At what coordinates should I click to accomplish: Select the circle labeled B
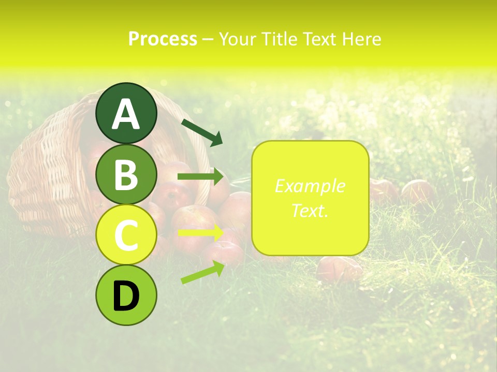point(126,174)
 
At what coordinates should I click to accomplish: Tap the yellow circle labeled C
point(126,235)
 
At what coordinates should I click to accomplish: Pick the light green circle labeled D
point(126,295)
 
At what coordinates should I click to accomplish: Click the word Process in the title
point(163,39)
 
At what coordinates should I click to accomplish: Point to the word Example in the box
point(310,186)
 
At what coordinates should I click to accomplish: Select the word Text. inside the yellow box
point(310,210)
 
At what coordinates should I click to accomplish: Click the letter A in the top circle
point(126,114)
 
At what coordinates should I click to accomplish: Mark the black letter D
point(126,296)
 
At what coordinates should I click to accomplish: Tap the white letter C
point(126,236)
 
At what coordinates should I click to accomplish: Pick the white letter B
point(126,175)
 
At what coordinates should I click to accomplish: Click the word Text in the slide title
point(319,39)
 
